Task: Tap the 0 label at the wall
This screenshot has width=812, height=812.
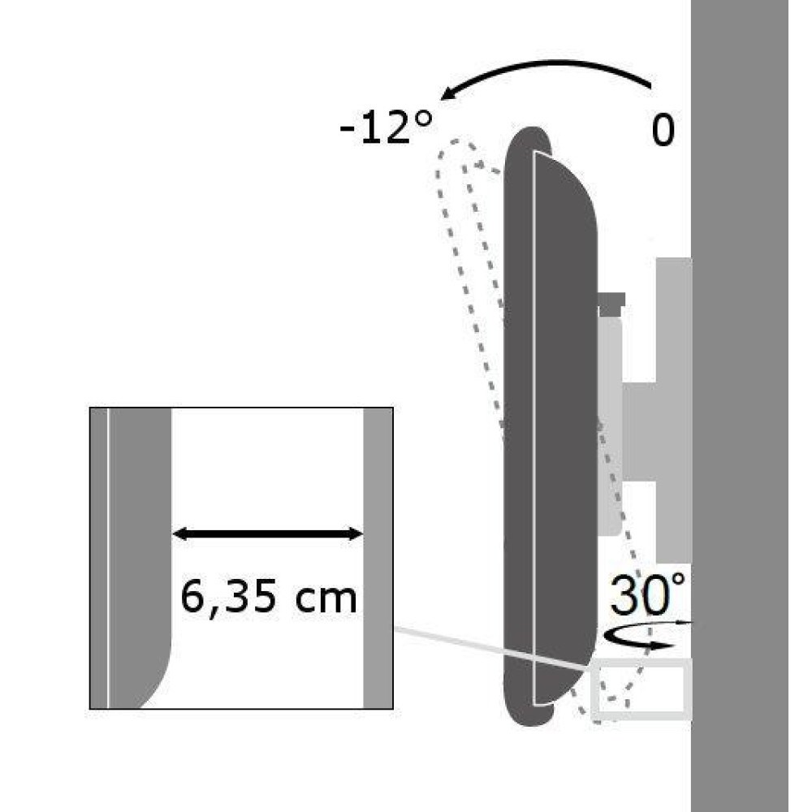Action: tap(663, 130)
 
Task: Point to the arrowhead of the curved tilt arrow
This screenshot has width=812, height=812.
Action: tap(448, 96)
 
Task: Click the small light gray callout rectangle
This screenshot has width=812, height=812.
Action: tap(641, 689)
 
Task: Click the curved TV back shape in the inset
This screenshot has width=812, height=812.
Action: tap(138, 528)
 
